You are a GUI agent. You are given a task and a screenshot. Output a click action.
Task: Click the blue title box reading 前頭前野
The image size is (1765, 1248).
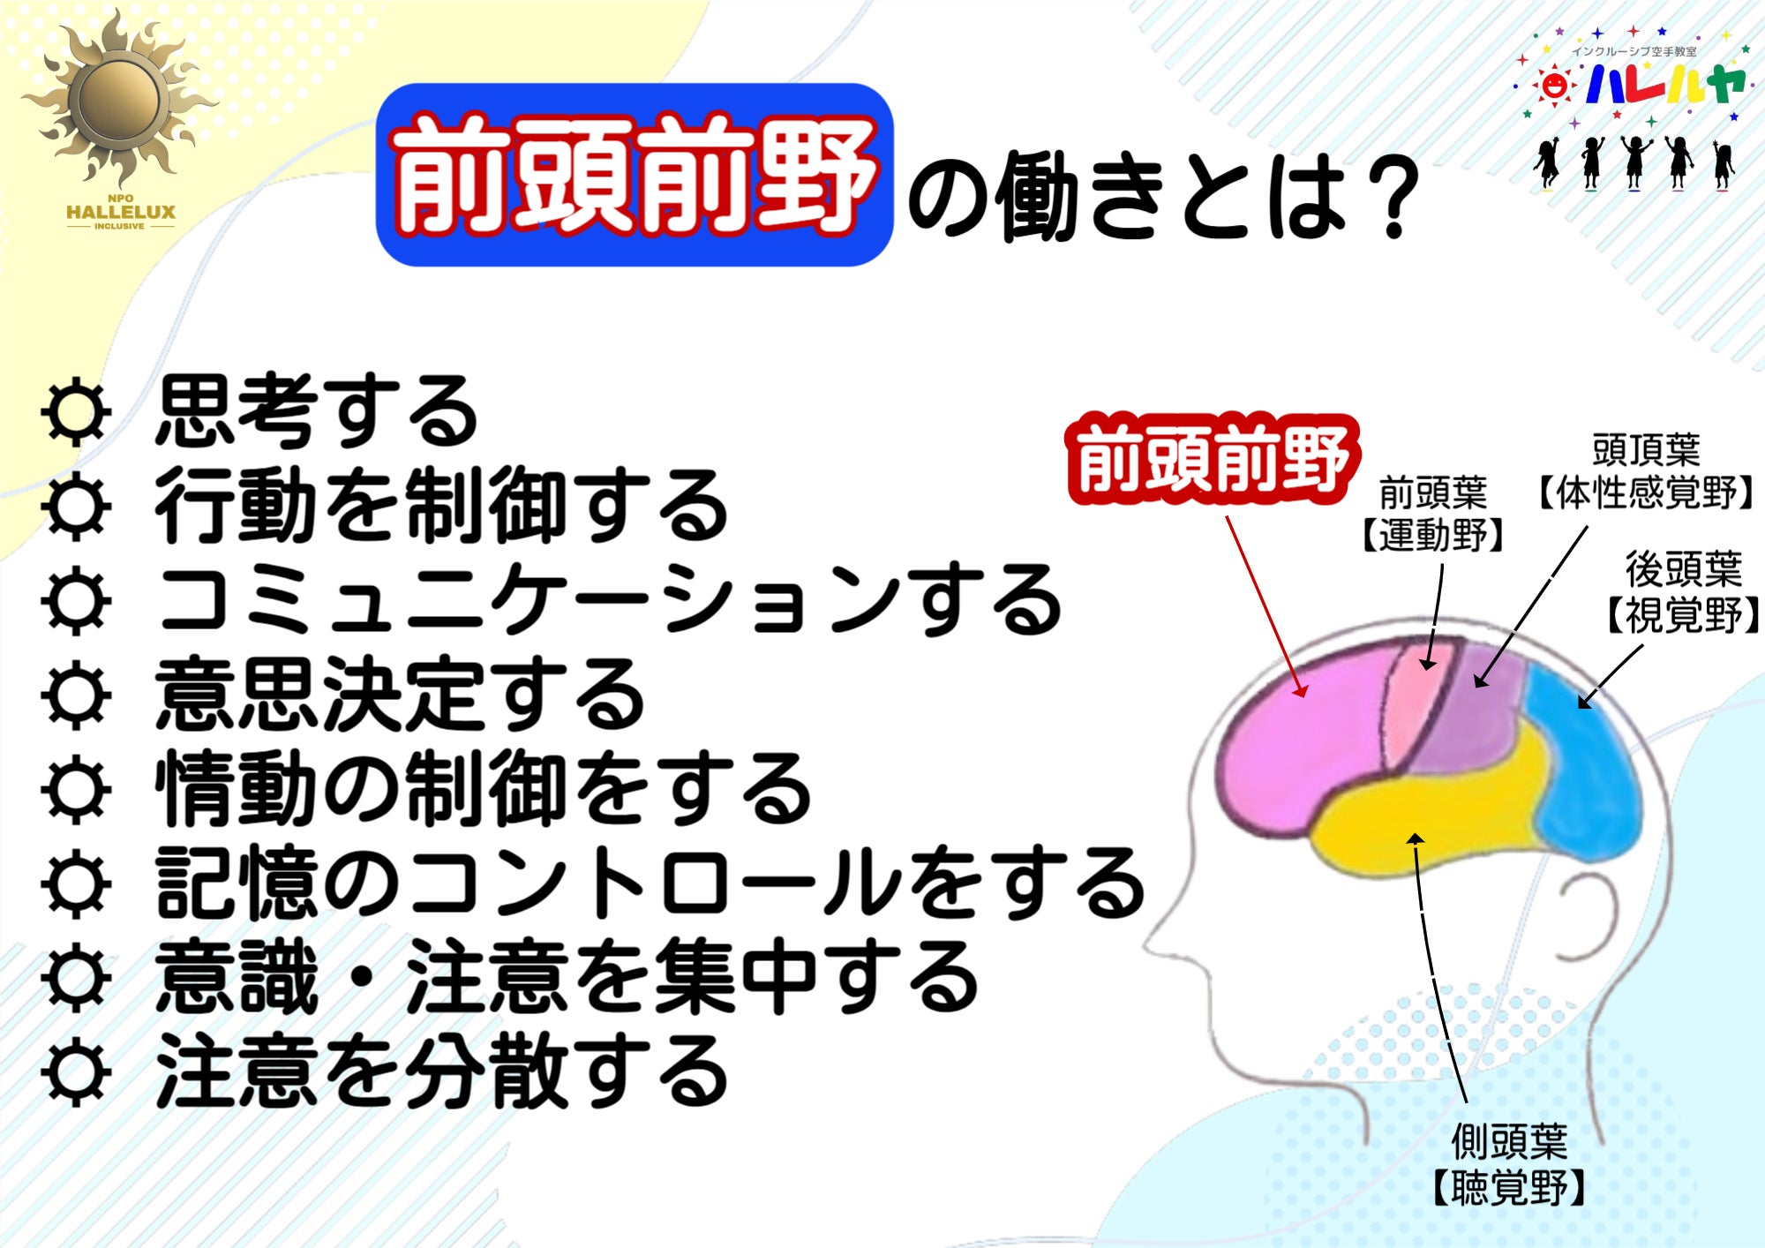tap(635, 175)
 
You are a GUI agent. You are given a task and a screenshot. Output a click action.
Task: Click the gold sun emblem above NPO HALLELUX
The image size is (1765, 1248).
tap(119, 99)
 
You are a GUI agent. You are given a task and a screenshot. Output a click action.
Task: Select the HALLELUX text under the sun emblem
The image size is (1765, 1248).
tap(121, 212)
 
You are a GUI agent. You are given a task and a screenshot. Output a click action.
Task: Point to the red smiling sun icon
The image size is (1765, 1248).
tap(1553, 86)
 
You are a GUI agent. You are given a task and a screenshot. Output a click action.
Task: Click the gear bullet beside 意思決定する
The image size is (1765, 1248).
tap(77, 695)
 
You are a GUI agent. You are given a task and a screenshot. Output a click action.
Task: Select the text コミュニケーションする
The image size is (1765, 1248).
tap(609, 600)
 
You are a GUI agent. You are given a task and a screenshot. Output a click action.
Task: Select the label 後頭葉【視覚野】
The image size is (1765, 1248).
tap(1682, 592)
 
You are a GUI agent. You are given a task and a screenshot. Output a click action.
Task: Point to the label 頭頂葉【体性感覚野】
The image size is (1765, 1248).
tap(1647, 471)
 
